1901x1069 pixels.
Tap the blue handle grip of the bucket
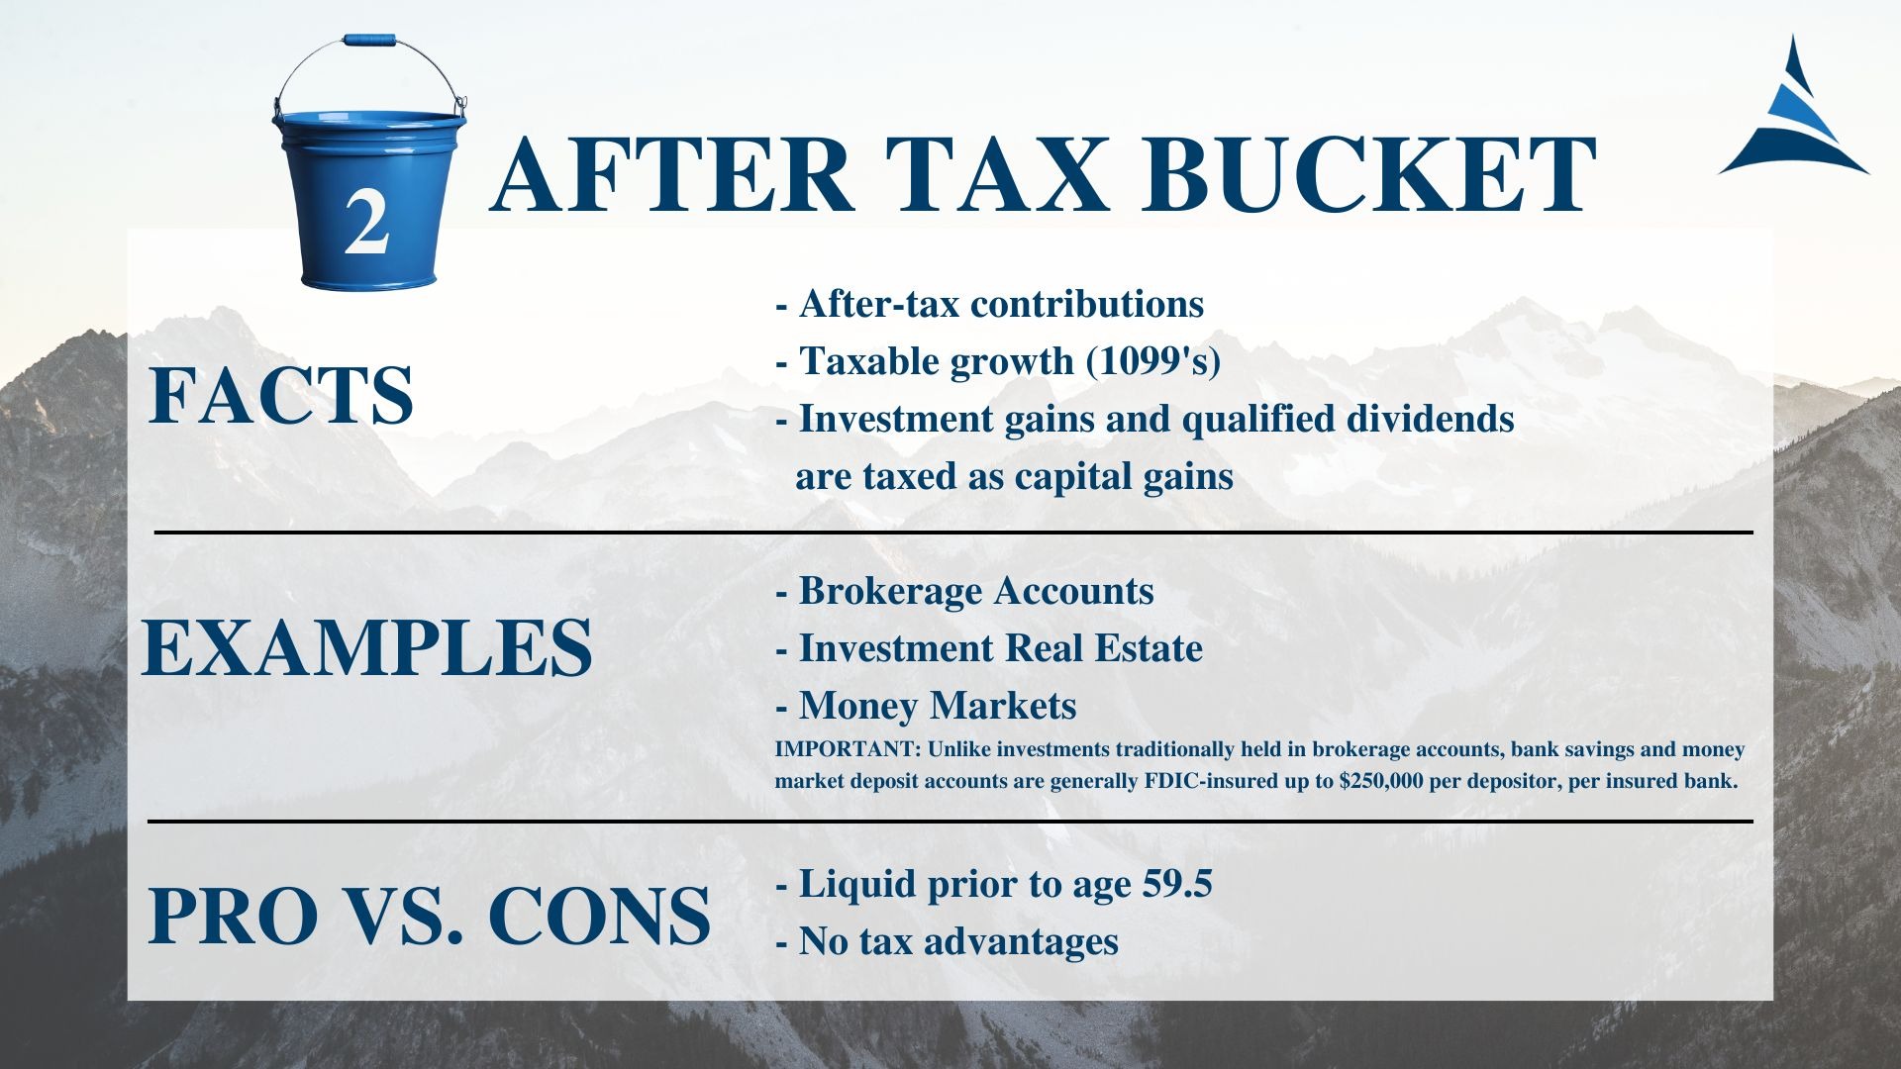coord(369,41)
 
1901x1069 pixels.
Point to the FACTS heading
coord(280,395)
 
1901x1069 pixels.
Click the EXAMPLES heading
coord(367,647)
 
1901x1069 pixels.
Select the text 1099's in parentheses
coord(1153,361)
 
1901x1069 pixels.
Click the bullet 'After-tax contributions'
coord(989,304)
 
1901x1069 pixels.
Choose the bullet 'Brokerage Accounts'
coord(964,592)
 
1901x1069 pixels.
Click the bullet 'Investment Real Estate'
coord(989,648)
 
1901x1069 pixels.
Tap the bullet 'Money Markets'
coord(926,706)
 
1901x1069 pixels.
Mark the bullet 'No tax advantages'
coord(947,941)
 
